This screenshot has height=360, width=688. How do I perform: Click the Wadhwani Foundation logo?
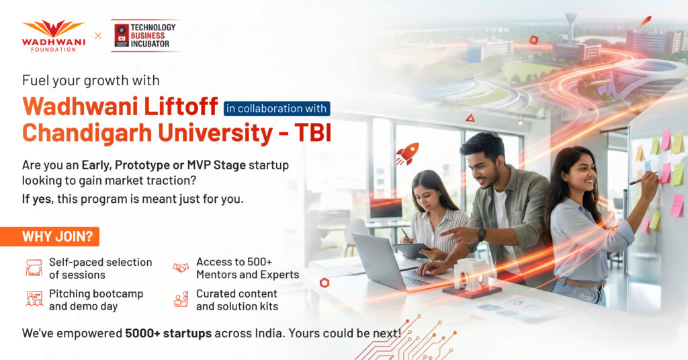(x=54, y=36)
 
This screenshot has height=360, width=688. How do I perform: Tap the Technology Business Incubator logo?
(x=146, y=36)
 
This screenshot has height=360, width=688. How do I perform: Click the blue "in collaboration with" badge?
(x=276, y=108)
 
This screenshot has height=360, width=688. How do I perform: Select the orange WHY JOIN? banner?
(x=50, y=236)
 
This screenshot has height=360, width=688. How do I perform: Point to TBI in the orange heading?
(x=313, y=133)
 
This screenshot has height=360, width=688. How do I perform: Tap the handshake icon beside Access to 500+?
(x=180, y=267)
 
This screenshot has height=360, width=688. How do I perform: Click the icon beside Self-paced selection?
(x=34, y=267)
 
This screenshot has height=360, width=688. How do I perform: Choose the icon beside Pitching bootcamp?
(x=34, y=299)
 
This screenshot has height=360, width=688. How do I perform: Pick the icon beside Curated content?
(x=181, y=299)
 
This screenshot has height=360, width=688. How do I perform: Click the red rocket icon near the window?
(x=407, y=154)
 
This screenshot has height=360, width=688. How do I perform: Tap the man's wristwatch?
(x=481, y=234)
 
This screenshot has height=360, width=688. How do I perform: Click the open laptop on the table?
(x=386, y=263)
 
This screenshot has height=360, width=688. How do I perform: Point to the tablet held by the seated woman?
(x=411, y=251)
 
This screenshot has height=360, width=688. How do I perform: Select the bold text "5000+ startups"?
(x=169, y=333)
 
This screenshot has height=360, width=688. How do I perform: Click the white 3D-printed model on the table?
(x=470, y=275)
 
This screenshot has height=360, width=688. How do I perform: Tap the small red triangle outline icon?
(x=470, y=118)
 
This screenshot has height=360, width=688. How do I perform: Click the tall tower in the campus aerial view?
(x=571, y=26)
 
